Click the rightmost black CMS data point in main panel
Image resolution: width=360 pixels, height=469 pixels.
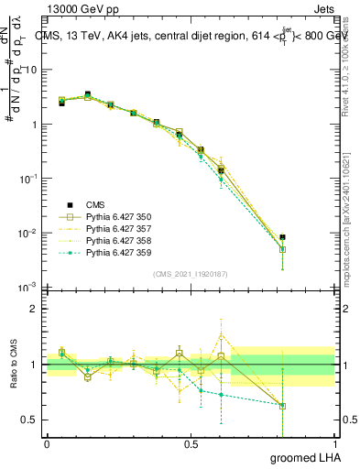tap(283, 237)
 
